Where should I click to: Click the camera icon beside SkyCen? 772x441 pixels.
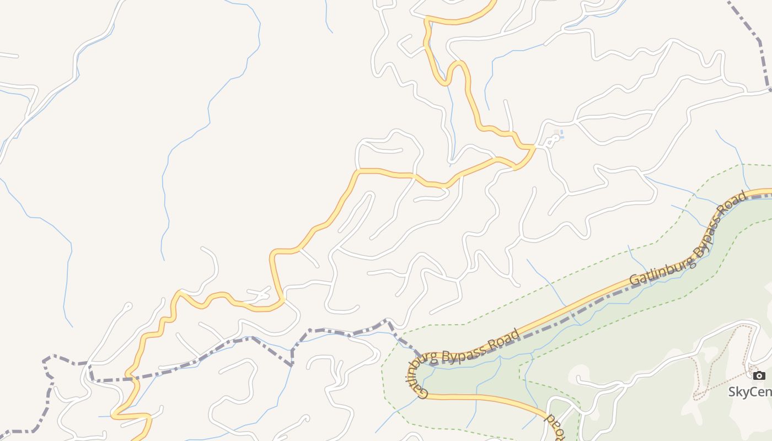click(759, 376)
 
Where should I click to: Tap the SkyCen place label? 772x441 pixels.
click(750, 391)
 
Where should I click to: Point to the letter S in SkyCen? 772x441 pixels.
click(733, 391)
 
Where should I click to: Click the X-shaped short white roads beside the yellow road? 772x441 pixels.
click(260, 295)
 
